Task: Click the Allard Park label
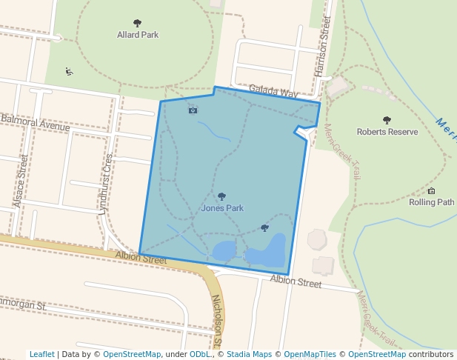point(137,34)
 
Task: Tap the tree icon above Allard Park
point(137,24)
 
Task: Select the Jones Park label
point(221,208)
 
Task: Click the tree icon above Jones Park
point(221,197)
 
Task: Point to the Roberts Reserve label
point(387,132)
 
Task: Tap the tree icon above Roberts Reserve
point(387,120)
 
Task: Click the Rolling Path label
point(431,201)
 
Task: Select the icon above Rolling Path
point(432,190)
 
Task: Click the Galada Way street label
point(273,91)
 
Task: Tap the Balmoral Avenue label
point(35,122)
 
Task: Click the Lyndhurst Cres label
point(105,184)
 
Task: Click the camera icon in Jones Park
point(193,110)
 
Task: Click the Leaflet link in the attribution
point(41,354)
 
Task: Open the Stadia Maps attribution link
point(249,354)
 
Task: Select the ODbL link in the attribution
point(199,354)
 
